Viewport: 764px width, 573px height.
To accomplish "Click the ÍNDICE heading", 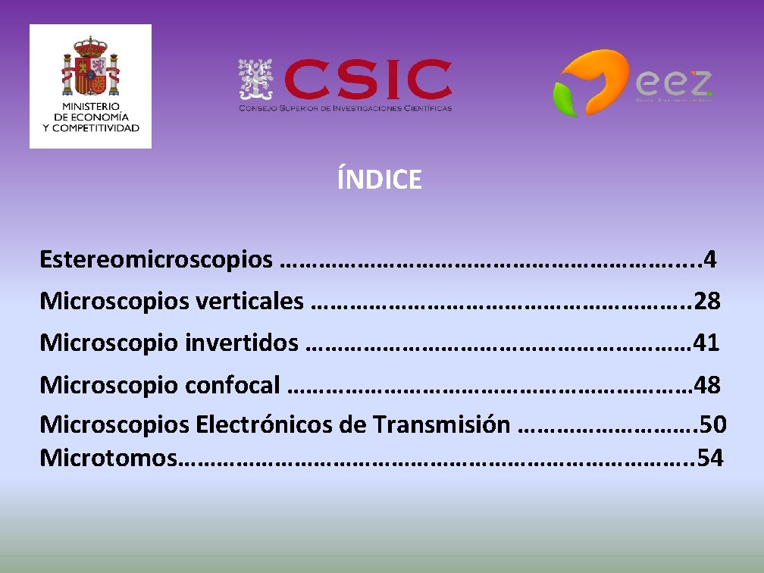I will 379,180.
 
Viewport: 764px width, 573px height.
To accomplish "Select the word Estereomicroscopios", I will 155,260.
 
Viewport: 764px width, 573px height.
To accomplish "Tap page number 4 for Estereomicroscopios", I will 709,260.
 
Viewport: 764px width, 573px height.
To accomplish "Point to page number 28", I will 706,302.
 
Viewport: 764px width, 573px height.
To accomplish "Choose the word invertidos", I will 241,343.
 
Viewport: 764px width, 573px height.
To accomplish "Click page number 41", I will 706,343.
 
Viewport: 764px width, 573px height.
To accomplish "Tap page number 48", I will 706,385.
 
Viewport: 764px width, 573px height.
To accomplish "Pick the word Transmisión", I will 441,424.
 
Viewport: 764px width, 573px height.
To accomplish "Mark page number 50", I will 713,424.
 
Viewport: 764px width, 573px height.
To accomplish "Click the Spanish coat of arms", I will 91,67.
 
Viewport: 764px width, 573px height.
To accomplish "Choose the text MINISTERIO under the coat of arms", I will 91,108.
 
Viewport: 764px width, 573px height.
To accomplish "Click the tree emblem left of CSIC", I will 256,80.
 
